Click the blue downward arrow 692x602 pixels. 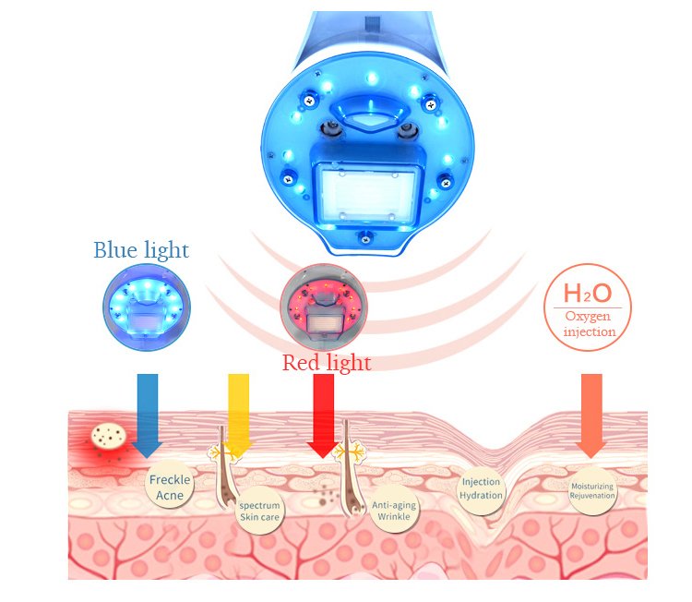tap(148, 415)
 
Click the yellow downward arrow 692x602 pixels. tap(238, 415)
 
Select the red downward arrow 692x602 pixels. tap(323, 415)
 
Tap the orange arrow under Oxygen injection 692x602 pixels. tap(591, 415)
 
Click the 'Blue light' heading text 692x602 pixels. tap(141, 250)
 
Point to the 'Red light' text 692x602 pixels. tap(327, 363)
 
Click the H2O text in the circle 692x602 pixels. tap(588, 293)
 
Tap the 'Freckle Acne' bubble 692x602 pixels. tap(170, 485)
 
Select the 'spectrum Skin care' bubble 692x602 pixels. tap(259, 511)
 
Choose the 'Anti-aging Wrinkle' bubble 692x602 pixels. tap(394, 510)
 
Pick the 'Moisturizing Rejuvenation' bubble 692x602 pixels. tap(592, 490)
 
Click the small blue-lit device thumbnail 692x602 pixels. tap(147, 307)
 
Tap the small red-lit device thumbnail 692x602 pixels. tap(324, 307)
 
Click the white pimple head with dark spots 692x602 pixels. tap(109, 436)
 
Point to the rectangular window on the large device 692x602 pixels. tap(367, 193)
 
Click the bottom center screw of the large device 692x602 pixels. tap(365, 239)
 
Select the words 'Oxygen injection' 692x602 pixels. tap(590, 324)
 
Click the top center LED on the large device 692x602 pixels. tap(372, 79)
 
